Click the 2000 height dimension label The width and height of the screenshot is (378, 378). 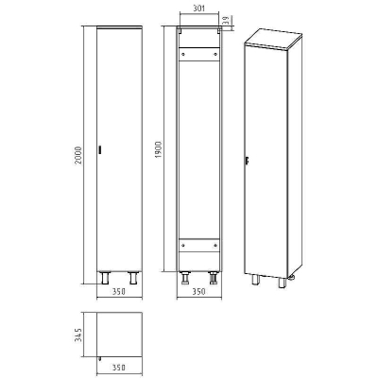coord(78,155)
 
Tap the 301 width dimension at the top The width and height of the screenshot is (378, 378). coord(198,9)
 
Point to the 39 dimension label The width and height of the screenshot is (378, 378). coord(226,21)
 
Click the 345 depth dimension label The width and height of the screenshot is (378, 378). coord(78,335)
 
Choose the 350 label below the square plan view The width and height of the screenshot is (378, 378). coord(119,368)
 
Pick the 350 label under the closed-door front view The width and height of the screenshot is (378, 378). coord(119,292)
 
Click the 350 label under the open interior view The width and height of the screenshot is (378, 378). coord(199,292)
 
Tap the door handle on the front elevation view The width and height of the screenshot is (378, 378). coord(100,150)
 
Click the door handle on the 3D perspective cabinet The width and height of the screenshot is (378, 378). coord(248,161)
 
